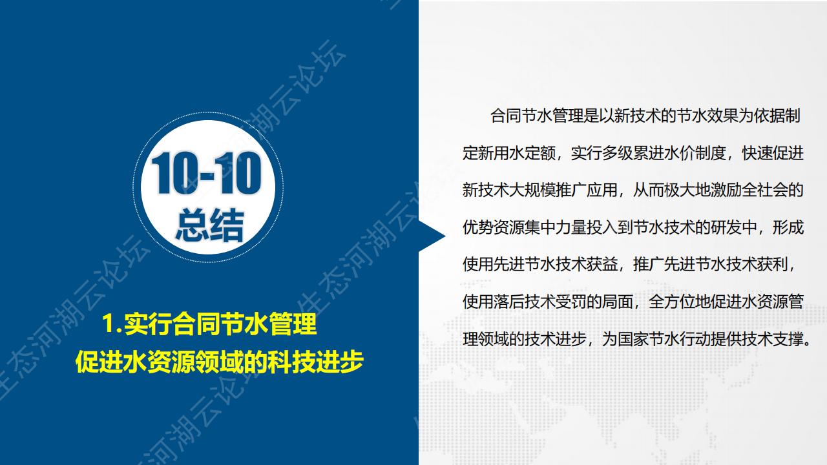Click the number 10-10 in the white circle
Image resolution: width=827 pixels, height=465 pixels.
[x=206, y=174]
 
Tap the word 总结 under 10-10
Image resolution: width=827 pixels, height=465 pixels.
[x=210, y=224]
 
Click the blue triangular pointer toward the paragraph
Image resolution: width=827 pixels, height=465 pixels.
[x=432, y=236]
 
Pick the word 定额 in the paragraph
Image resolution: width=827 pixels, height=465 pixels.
[x=541, y=153]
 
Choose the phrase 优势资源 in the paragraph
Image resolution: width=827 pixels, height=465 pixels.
[x=494, y=227]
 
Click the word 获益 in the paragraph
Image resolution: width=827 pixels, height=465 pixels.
[x=603, y=264]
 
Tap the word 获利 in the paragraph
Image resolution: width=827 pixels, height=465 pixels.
[x=773, y=264]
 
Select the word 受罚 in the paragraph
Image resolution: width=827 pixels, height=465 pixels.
[x=572, y=302]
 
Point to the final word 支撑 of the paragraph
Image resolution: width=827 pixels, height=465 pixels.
[x=789, y=339]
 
